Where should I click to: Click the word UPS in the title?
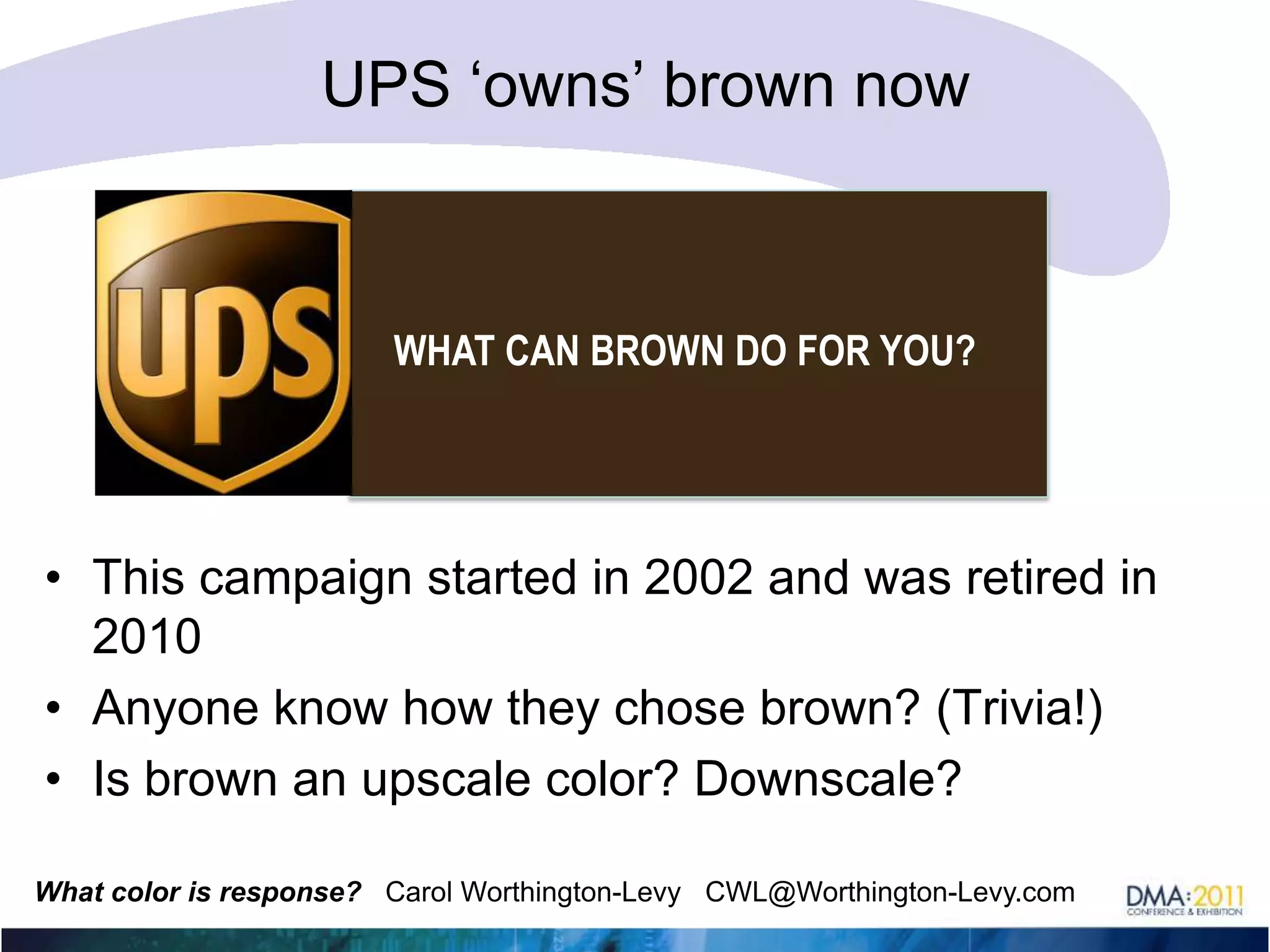click(385, 85)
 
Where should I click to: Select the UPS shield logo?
click(223, 343)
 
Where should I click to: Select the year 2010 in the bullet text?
click(146, 637)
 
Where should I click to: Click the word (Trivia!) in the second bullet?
click(1019, 708)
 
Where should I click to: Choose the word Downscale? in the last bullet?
click(827, 778)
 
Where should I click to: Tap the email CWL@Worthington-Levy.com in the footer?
click(890, 892)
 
